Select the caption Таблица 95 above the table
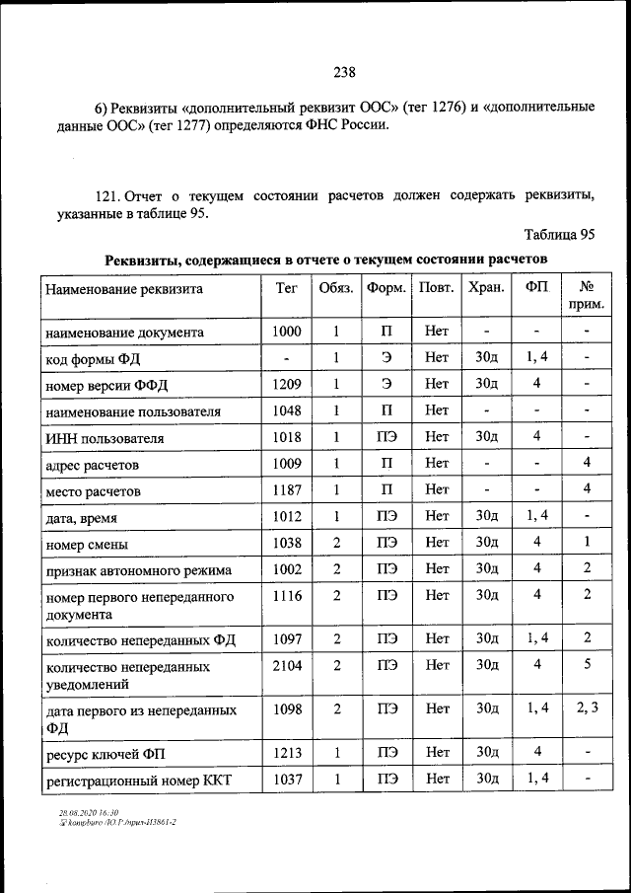click(x=559, y=234)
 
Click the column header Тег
click(x=285, y=288)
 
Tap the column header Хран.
click(x=486, y=288)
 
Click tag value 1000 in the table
click(x=286, y=332)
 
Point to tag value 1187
click(x=286, y=488)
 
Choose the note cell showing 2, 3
click(x=586, y=707)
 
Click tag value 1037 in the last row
click(x=286, y=780)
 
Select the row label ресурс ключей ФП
click(x=106, y=755)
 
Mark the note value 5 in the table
click(x=586, y=665)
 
